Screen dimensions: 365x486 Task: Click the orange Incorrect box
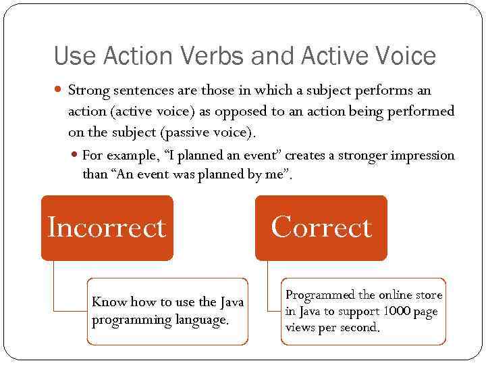pyautogui.click(x=107, y=228)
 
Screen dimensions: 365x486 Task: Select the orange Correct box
pyautogui.click(x=321, y=228)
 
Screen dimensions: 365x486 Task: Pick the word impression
pyautogui.click(x=423, y=155)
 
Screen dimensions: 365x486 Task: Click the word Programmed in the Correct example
pyautogui.click(x=320, y=295)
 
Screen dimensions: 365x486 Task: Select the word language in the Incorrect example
pyautogui.click(x=202, y=319)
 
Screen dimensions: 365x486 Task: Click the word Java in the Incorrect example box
pyautogui.click(x=231, y=302)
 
